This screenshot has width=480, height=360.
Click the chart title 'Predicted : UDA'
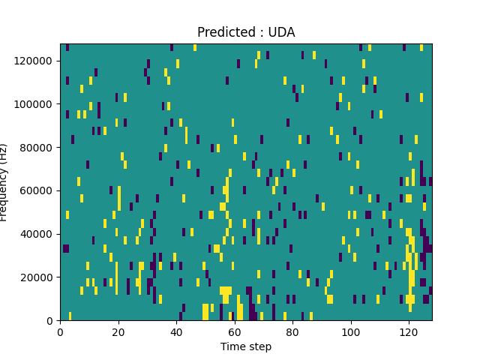click(x=246, y=32)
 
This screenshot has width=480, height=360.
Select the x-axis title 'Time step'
click(x=246, y=346)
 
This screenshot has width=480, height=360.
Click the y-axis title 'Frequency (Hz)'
click(x=4, y=182)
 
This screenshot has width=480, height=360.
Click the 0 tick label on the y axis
click(x=51, y=320)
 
